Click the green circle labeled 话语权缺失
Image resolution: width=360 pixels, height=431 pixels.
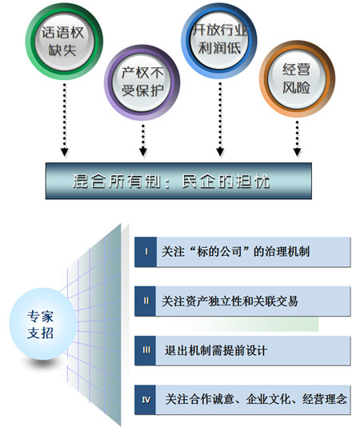point(64,42)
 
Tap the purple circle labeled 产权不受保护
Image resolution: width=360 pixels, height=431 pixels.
point(142,82)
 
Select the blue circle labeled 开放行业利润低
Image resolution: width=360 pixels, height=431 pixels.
point(219,41)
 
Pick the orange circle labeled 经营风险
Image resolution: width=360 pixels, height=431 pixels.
point(297,79)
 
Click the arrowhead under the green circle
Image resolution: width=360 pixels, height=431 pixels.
point(64,152)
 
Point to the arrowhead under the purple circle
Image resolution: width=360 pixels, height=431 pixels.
point(143,152)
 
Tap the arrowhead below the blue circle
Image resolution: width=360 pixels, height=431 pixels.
point(220,152)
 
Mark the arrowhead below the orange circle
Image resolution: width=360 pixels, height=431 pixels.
point(297,152)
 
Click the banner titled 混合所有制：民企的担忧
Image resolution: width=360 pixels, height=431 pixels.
point(178,181)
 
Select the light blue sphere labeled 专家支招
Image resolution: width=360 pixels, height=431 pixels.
point(42,324)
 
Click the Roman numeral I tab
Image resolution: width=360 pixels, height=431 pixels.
point(146,252)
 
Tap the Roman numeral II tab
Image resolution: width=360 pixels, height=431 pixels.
point(146,301)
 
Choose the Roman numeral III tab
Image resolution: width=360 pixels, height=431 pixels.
point(146,350)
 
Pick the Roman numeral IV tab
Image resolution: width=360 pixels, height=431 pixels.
point(146,400)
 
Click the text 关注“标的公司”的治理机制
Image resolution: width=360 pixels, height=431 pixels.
point(236,252)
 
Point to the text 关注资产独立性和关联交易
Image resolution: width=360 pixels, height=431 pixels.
point(230,301)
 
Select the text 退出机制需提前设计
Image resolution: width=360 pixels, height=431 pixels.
point(216,350)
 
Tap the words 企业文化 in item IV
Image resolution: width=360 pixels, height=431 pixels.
point(268,399)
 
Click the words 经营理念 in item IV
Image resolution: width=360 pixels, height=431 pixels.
point(325,399)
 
